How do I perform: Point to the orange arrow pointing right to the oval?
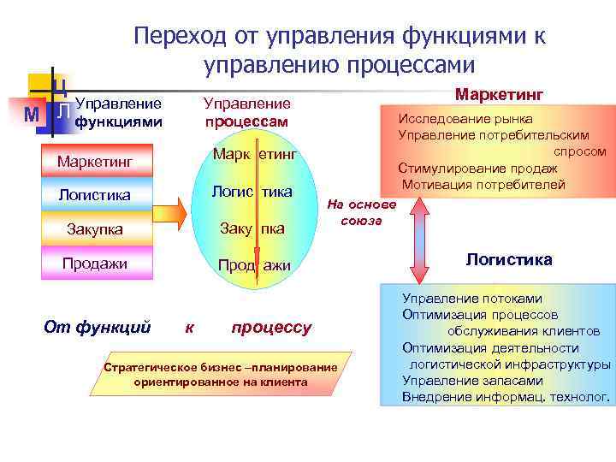click(170, 213)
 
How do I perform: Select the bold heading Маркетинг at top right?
click(499, 92)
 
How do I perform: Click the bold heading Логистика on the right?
click(508, 259)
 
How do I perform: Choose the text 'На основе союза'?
click(362, 213)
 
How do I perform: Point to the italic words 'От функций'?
click(97, 327)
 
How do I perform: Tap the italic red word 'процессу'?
click(271, 327)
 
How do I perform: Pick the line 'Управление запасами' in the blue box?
click(472, 381)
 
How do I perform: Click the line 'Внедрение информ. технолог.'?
click(506, 397)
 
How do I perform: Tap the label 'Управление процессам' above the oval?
click(246, 113)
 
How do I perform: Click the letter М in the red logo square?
click(32, 114)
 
